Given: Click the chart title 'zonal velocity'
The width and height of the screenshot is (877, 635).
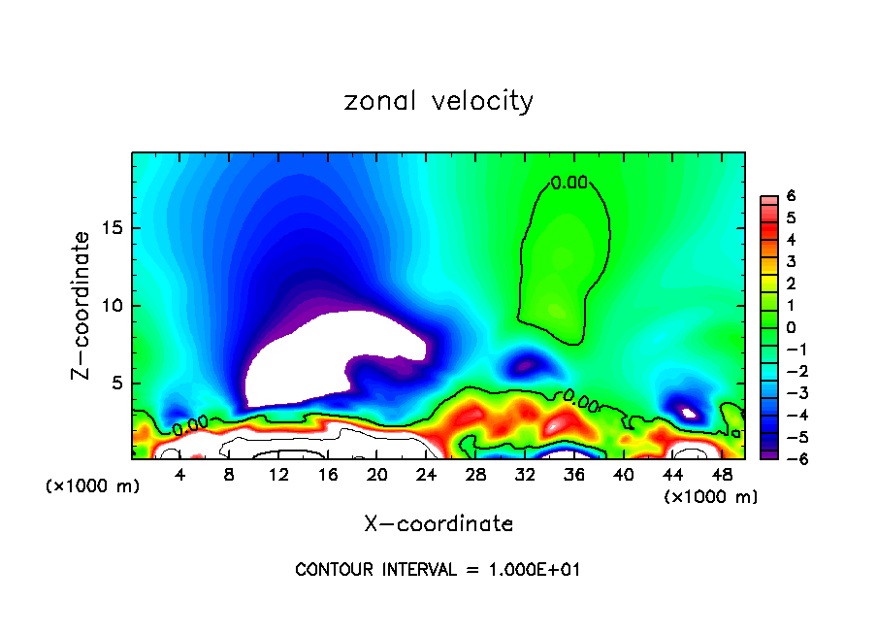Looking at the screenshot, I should point(438,101).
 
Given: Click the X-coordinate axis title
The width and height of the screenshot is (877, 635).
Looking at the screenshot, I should point(438,524).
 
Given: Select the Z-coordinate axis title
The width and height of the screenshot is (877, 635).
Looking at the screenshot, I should point(82,305).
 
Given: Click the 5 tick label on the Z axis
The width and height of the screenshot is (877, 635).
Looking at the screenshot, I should point(115,383).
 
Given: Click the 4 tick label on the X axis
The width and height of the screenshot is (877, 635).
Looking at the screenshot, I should point(180,475).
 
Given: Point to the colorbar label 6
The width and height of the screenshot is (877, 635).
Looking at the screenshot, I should point(792,196).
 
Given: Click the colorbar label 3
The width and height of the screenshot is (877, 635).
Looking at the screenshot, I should point(792,262).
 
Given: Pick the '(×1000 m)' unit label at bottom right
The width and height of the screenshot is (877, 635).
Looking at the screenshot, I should point(710,497).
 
